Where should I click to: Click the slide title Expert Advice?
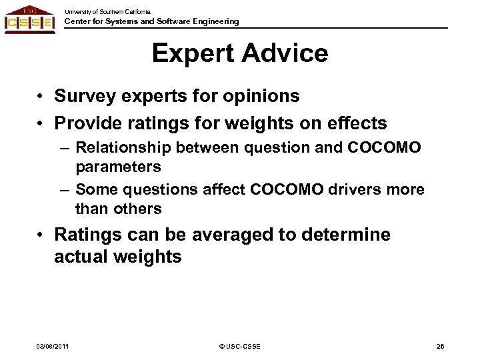coord(239,54)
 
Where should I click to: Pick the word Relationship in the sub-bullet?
coord(124,147)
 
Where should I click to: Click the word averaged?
coord(222,235)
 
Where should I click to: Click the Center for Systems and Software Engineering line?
coord(151,22)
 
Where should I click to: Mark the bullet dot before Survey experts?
coord(41,97)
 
